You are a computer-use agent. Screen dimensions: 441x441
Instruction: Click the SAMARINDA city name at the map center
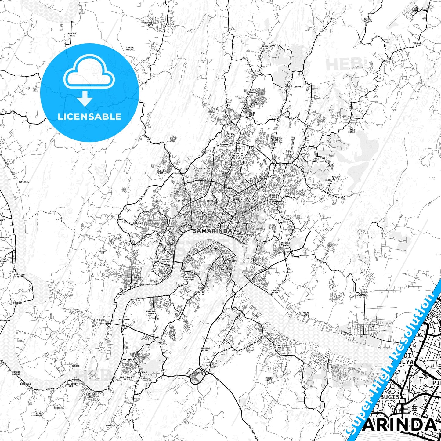(x=212, y=231)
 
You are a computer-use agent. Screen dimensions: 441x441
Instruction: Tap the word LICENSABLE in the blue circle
(x=89, y=117)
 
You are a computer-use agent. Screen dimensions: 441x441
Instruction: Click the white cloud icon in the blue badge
(x=89, y=72)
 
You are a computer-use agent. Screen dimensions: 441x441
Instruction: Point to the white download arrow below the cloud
(x=85, y=98)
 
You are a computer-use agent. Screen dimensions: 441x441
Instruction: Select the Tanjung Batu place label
(x=72, y=34)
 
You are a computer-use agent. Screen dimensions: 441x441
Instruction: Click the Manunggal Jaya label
(x=150, y=24)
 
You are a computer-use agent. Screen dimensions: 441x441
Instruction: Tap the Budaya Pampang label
(x=368, y=20)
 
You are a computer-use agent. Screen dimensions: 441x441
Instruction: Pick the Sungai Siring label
(x=417, y=44)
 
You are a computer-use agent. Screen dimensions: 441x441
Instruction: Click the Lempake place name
(x=298, y=87)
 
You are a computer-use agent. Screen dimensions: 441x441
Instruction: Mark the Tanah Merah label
(x=352, y=131)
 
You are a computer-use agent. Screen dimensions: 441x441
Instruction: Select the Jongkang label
(x=24, y=182)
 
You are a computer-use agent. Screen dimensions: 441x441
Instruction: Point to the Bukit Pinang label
(x=161, y=172)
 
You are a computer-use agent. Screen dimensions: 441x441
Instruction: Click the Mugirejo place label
(x=330, y=180)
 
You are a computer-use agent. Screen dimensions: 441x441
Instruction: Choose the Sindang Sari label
(x=373, y=325)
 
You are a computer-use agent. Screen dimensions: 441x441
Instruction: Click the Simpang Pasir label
(x=205, y=349)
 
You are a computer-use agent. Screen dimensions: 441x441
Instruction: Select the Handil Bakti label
(x=269, y=379)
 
